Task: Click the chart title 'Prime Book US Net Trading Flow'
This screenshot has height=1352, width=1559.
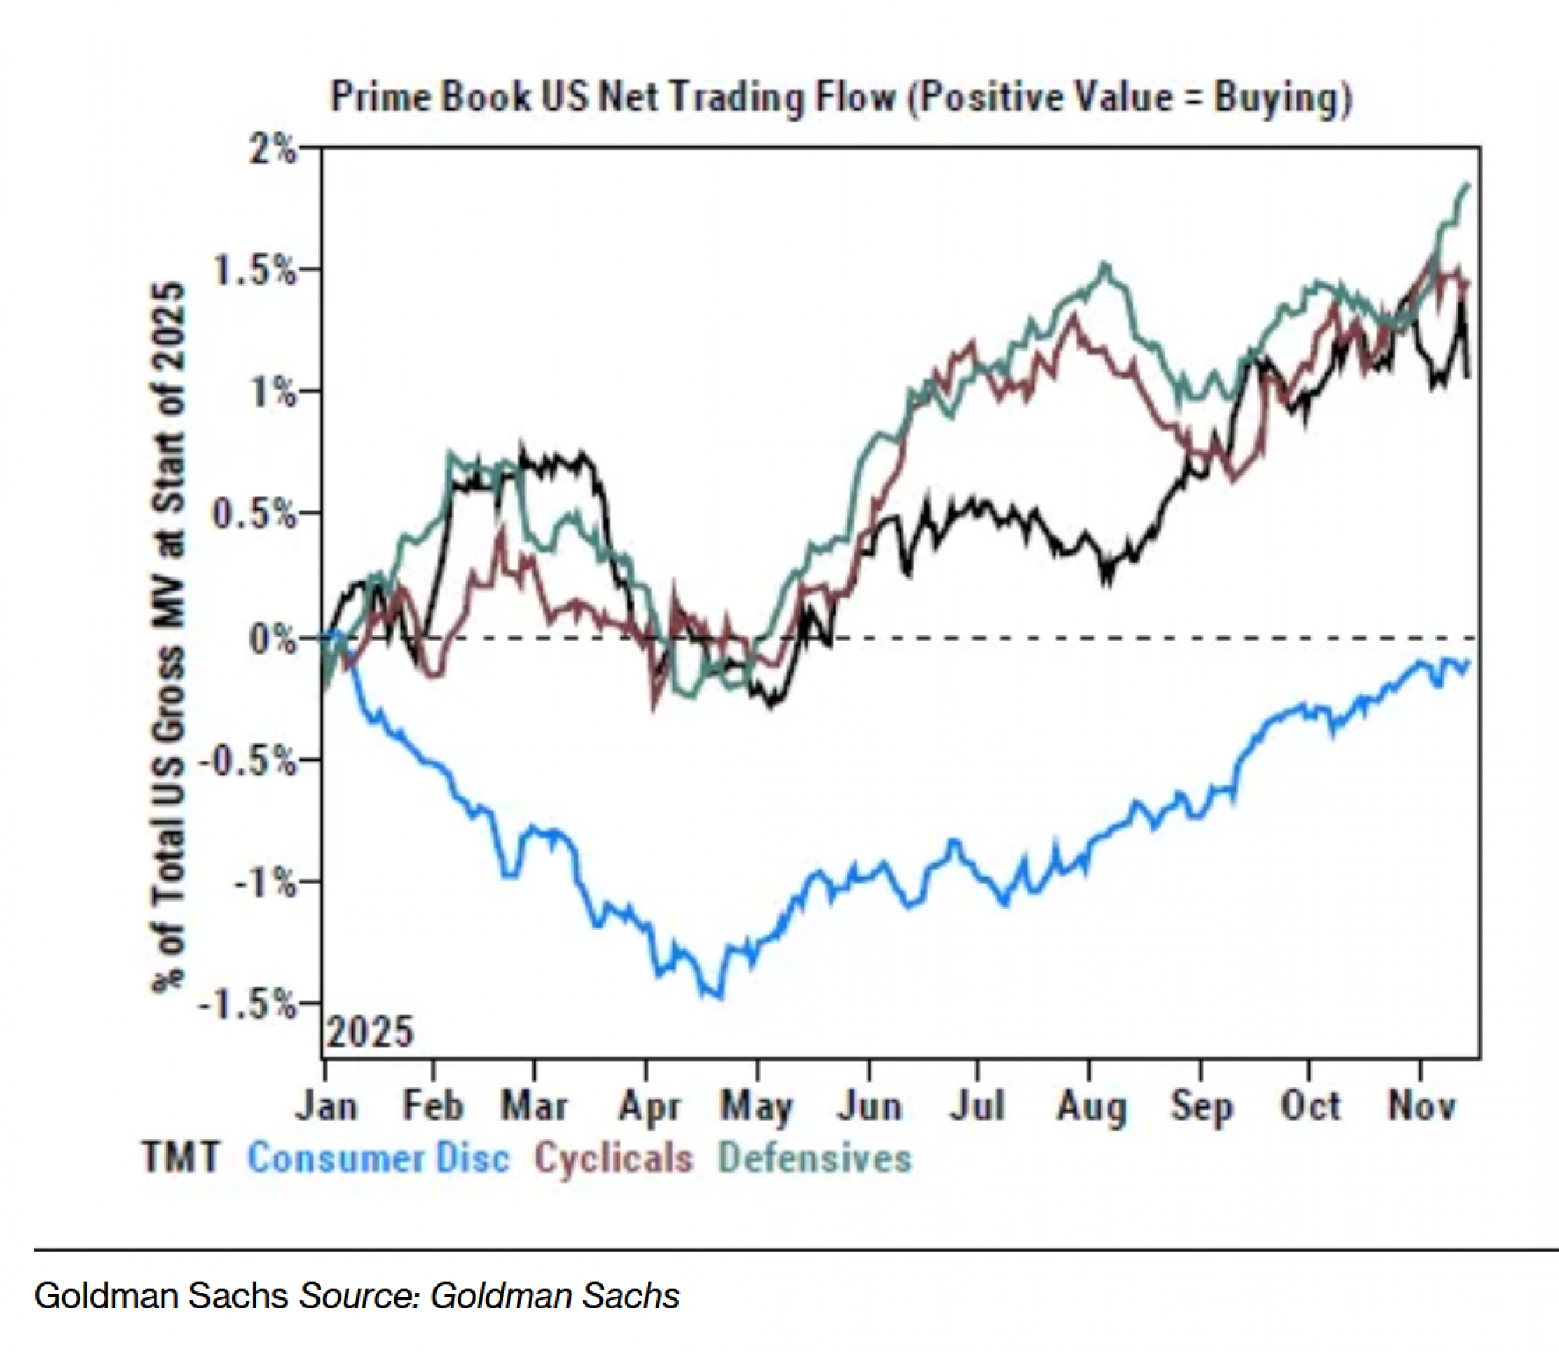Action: click(x=840, y=99)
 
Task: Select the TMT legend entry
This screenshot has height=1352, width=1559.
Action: click(x=181, y=1157)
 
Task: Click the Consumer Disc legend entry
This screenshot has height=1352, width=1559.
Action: click(x=379, y=1157)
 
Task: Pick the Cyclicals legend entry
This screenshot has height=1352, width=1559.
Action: click(x=613, y=1157)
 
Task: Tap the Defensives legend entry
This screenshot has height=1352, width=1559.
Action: click(x=815, y=1157)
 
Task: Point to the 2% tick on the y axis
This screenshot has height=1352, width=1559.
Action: click(x=272, y=148)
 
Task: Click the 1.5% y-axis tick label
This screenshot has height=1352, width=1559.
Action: click(x=254, y=270)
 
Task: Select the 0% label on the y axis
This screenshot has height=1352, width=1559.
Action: click(x=272, y=639)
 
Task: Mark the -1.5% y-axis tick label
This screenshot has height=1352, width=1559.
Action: click(x=248, y=1004)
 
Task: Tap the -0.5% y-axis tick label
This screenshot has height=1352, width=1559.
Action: click(x=248, y=760)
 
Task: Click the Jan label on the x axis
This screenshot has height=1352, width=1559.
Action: click(x=326, y=1106)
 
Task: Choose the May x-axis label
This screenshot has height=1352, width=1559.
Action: click(x=756, y=1106)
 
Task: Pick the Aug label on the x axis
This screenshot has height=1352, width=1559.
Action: click(x=1091, y=1106)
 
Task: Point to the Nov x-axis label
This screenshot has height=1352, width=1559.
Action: click(x=1421, y=1106)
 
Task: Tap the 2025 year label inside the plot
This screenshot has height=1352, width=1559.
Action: click(x=369, y=1033)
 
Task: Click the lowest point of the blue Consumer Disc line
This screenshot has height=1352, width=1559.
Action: click(x=718, y=997)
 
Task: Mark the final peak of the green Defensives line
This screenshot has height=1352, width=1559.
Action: click(x=1468, y=185)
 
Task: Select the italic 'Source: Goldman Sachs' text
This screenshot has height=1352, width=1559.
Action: click(x=490, y=1296)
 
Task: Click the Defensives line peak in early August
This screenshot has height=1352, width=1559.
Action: click(x=1105, y=267)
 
